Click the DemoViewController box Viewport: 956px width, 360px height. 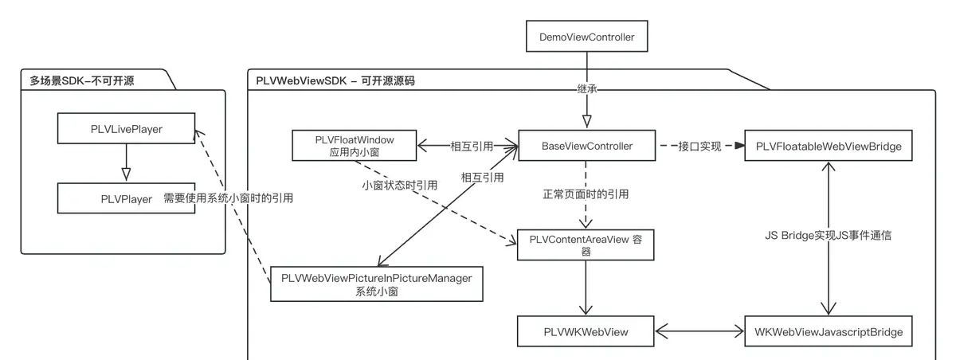click(x=587, y=37)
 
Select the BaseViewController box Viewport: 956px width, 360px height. click(x=587, y=146)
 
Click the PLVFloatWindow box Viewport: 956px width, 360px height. click(x=355, y=145)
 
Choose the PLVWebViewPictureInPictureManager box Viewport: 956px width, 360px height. click(x=377, y=284)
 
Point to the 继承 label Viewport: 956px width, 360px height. click(x=587, y=88)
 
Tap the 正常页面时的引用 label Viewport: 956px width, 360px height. click(x=587, y=193)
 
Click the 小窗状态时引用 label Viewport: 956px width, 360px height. click(x=398, y=185)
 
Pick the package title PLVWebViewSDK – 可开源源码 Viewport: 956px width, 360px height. click(x=335, y=81)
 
